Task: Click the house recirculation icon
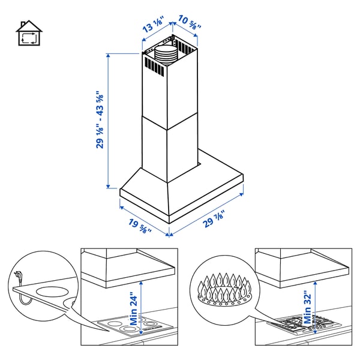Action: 29,35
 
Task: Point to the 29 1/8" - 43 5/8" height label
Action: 100,120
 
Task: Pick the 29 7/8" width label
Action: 215,221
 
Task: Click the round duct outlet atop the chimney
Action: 166,54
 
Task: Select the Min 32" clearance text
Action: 308,307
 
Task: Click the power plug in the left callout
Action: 17,277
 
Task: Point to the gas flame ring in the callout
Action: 221,289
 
